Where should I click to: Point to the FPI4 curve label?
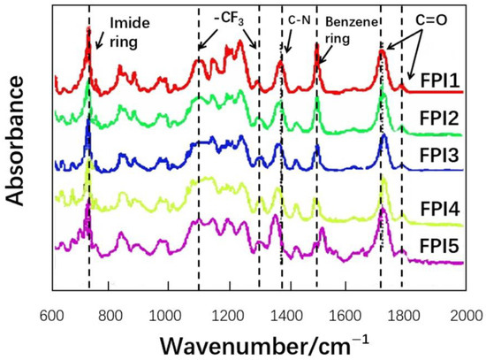click(439, 210)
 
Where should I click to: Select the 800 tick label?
click(110, 313)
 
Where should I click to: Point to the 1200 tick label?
click(227, 313)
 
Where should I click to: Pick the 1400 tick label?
click(286, 313)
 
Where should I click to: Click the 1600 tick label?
click(346, 313)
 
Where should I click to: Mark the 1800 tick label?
click(405, 313)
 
